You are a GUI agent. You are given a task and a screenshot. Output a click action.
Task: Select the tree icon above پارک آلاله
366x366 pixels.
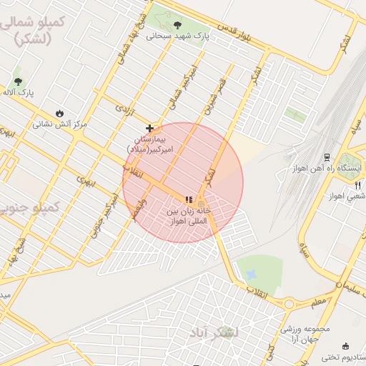[18, 81]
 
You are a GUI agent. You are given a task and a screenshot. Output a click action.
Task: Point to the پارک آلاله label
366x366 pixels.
[19, 93]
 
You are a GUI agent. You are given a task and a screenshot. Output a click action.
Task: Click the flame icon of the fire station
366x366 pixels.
[59, 113]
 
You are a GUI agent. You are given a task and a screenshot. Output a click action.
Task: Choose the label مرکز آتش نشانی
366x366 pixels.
[59, 124]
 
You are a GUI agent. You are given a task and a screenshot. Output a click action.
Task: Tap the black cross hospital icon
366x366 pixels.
[149, 127]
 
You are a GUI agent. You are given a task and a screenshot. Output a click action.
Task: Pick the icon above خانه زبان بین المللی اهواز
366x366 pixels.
[189, 200]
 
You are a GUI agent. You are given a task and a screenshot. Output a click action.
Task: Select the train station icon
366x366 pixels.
[327, 157]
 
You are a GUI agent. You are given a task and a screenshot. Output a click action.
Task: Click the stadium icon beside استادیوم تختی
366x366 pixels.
[346, 345]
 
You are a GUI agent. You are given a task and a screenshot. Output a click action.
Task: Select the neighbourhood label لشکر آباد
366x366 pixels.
[215, 333]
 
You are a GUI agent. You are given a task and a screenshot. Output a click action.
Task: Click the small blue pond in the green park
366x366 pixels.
[251, 273]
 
